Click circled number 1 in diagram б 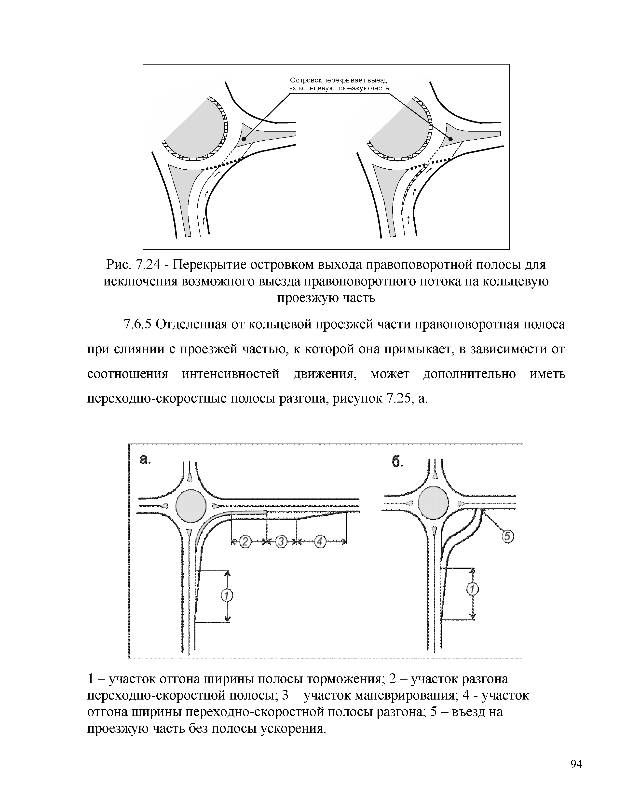[x=472, y=589]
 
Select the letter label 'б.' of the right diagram [x=397, y=462]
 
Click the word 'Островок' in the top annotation [x=305, y=80]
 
